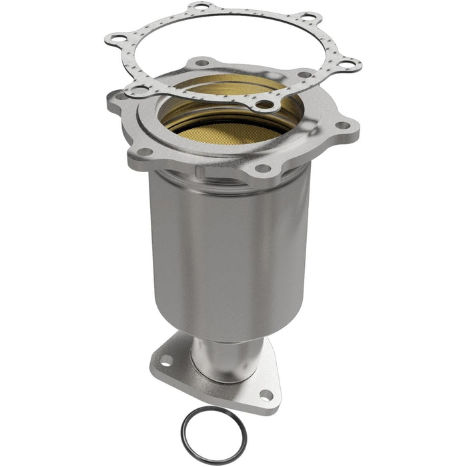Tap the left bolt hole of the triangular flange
tap(165, 360)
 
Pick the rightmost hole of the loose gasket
tap(348, 64)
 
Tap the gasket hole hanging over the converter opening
tap(265, 104)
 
